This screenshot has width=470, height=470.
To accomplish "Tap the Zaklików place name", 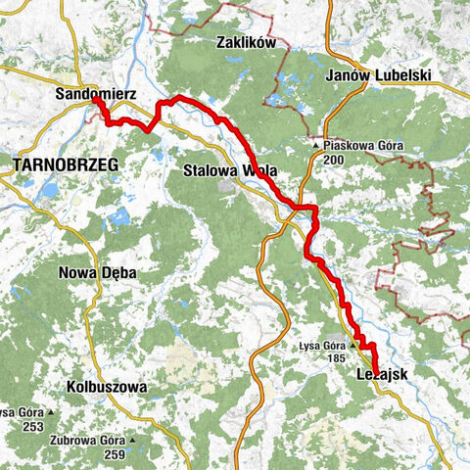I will [x=248, y=44].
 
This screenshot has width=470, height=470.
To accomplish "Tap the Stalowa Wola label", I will [x=230, y=170].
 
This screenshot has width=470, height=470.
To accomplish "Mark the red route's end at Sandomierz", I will [x=96, y=98].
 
